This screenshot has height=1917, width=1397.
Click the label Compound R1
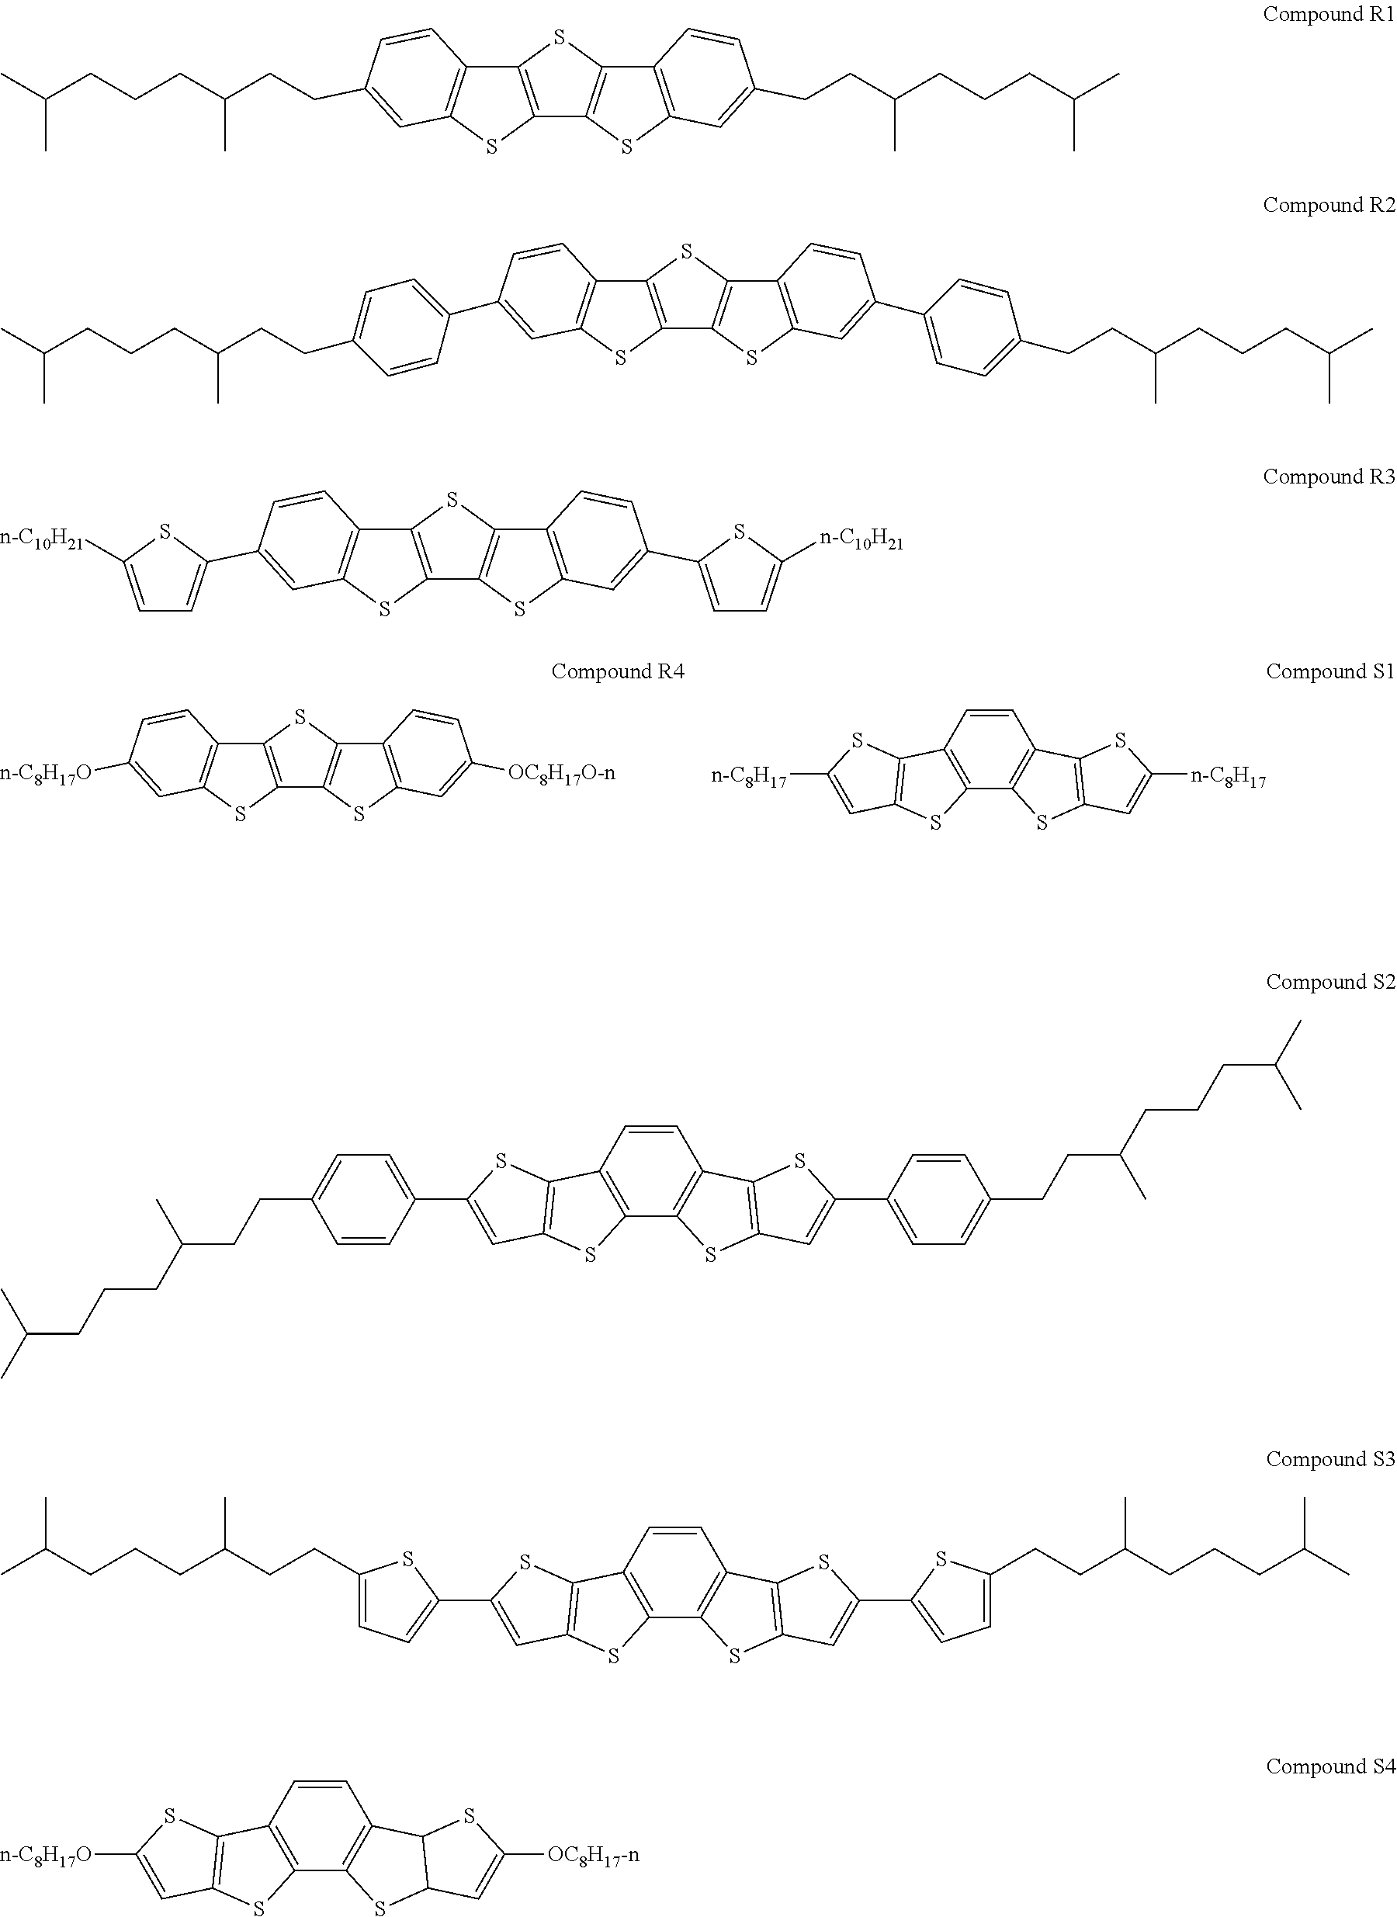pos(1328,15)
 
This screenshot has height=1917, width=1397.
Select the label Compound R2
pos(1328,206)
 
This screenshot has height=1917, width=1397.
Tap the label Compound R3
pos(1328,477)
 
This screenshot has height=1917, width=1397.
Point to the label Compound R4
pos(617,671)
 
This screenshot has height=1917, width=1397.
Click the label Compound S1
pos(1329,671)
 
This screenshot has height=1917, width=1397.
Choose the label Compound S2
pos(1329,982)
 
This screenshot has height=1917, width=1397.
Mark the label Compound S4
pos(1329,1766)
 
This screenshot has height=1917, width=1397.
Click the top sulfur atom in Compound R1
pos(559,37)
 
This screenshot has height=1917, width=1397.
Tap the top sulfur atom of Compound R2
pos(686,251)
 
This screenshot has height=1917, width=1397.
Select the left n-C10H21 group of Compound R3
pos(42,539)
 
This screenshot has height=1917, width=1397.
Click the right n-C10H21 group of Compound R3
pos(861,539)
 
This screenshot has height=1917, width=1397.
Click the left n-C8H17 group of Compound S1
pos(749,777)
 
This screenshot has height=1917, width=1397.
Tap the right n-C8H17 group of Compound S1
pos(1228,777)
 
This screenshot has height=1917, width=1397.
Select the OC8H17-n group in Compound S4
pos(593,1855)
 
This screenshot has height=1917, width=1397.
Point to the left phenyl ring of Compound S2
pos(364,1198)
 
